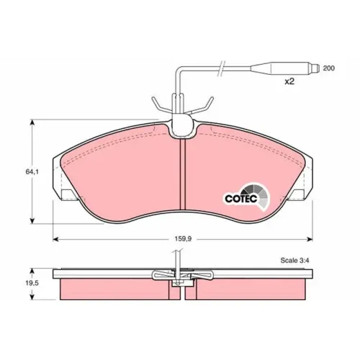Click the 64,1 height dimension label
[x=32, y=172]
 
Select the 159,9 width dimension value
[x=183, y=239]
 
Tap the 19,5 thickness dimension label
[x=32, y=283]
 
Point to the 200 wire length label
[x=328, y=68]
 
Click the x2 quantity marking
[x=289, y=81]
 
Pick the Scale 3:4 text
[x=294, y=261]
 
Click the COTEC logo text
[x=241, y=199]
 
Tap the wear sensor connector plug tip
[x=317, y=68]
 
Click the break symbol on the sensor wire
[x=222, y=68]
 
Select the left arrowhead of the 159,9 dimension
[x=55, y=239]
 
